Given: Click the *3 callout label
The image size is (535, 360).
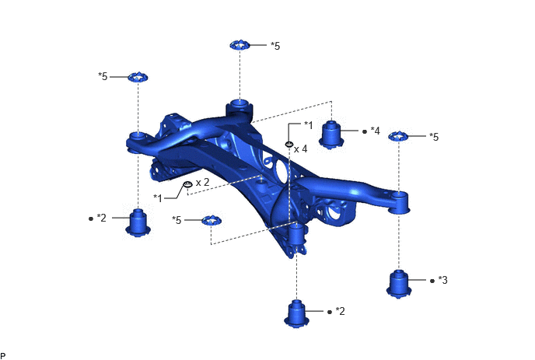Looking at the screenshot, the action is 442,280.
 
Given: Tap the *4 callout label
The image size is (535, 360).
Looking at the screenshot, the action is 375,131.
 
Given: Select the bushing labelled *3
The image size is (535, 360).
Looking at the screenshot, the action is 398,284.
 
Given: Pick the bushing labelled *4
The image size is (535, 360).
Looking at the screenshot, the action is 331,135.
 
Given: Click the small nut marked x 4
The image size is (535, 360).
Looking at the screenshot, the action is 289,145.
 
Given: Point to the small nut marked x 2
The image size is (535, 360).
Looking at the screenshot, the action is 188,184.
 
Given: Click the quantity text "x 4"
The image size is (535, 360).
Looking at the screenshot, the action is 301,149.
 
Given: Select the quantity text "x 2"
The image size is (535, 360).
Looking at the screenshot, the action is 202,182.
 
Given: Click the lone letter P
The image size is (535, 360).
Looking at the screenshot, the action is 3,356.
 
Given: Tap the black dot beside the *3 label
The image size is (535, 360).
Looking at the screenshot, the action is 432,281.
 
